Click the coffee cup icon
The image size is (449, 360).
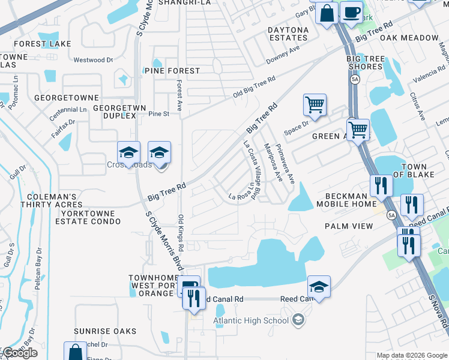click(x=351, y=12)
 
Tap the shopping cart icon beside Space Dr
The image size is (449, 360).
click(x=315, y=106)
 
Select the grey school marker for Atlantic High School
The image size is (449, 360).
click(x=297, y=320)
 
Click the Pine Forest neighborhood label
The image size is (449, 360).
click(x=172, y=71)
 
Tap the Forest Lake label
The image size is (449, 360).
click(x=43, y=44)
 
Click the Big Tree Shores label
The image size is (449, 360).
click(x=365, y=62)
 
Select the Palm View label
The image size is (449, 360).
click(x=349, y=226)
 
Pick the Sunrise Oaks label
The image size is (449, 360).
click(x=105, y=331)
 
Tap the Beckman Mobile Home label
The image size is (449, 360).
click(x=350, y=200)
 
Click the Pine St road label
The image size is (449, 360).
click(x=159, y=113)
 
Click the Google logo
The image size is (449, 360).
click(x=19, y=353)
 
